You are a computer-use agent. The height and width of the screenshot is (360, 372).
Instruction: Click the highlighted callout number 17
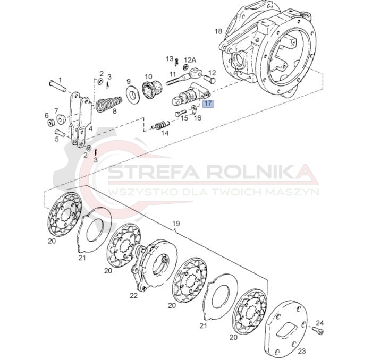coord(208,104)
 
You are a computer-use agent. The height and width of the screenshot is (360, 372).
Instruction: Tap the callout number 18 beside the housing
coord(218,31)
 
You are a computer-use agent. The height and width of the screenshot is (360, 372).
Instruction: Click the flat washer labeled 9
coord(133,95)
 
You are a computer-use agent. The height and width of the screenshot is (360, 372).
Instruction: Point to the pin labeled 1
coord(57,87)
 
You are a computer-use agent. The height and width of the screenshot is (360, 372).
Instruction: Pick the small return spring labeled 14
coord(160,125)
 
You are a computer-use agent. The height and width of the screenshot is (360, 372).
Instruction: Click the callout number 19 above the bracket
coord(176,224)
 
